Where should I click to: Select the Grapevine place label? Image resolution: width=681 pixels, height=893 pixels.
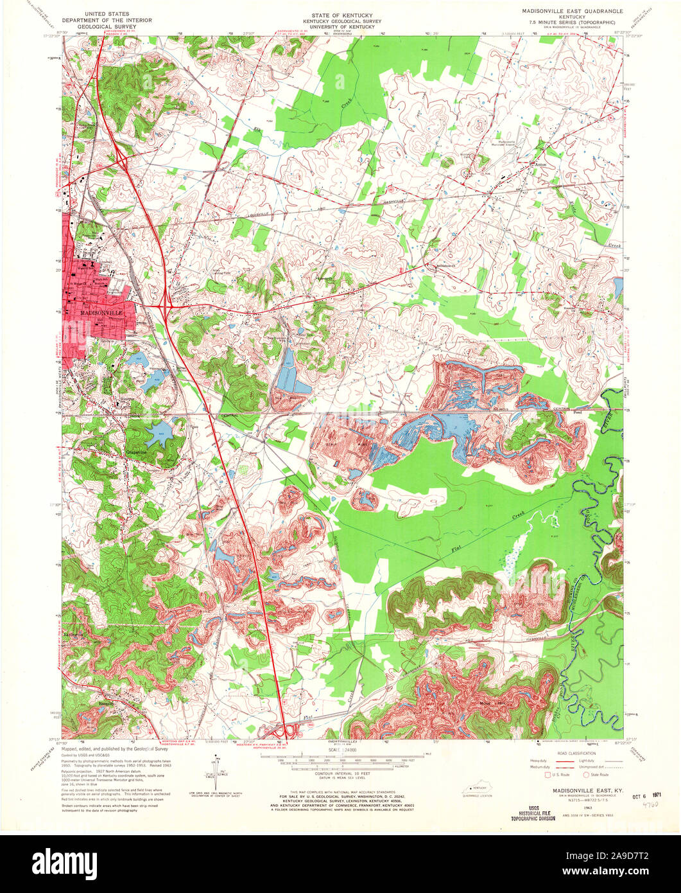[x=137, y=452]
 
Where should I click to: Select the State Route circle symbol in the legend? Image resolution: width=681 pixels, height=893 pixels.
[x=584, y=775]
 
